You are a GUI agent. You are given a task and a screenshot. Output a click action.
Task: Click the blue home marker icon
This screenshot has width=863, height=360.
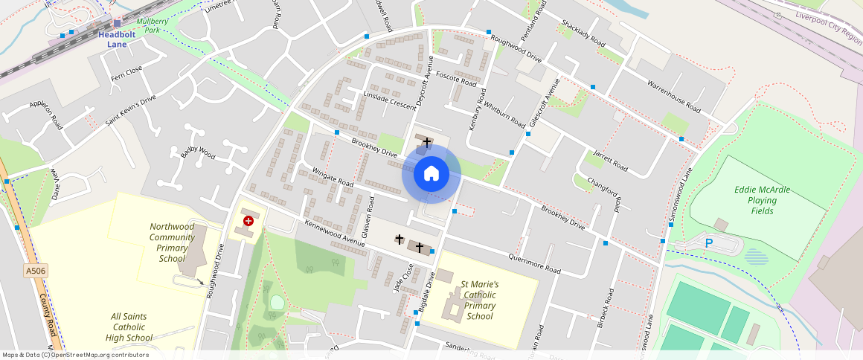tap(431, 174)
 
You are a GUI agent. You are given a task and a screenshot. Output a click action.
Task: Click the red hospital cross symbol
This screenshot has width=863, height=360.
tap(248, 221)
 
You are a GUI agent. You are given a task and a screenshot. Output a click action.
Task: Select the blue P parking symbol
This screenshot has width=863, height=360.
tap(709, 243)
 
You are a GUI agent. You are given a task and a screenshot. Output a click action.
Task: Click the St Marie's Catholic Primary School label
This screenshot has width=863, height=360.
tap(480, 300)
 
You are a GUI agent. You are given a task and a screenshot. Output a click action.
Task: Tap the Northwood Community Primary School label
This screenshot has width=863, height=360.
tap(172, 242)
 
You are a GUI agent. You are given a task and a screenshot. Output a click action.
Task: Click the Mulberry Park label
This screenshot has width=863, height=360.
tap(153, 26)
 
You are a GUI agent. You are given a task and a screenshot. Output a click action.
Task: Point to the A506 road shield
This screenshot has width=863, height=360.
tap(36, 271)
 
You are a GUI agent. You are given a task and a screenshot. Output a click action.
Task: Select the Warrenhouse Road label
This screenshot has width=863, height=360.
tap(674, 96)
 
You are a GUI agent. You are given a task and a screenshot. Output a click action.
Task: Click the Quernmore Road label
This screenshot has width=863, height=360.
tap(534, 263)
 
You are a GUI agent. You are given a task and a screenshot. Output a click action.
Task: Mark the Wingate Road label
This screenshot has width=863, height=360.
tap(333, 176)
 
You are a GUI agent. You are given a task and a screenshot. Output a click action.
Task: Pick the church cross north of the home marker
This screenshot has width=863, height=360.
tap(426, 141)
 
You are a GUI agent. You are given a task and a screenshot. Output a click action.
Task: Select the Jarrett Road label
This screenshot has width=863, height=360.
tap(610, 161)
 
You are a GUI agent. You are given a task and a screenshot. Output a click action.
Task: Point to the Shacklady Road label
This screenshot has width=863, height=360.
tap(584, 33)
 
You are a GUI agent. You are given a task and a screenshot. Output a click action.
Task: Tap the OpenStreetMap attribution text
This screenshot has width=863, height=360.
tap(74, 355)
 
